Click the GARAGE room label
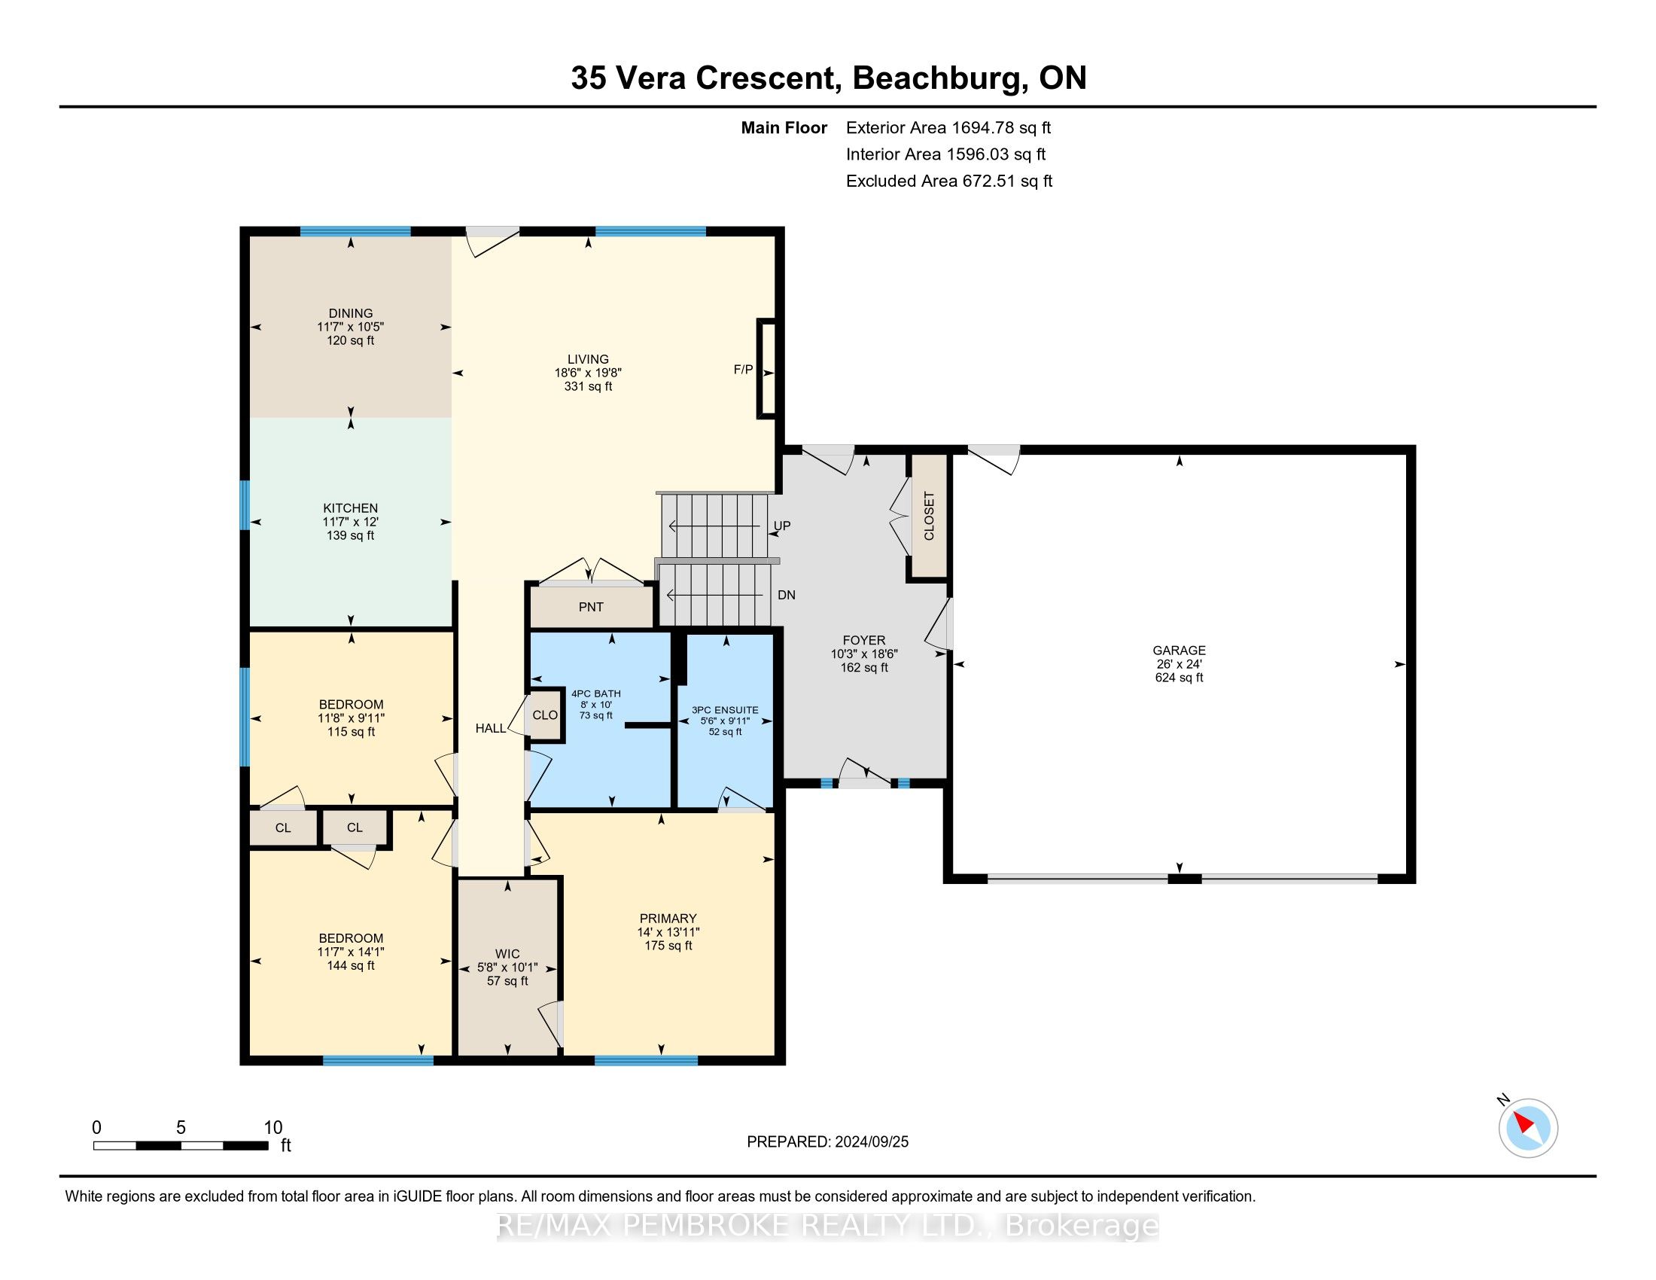[x=1179, y=650]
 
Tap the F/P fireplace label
[x=743, y=369]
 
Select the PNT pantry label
[x=591, y=607]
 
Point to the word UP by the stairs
[x=782, y=526]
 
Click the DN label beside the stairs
[x=787, y=595]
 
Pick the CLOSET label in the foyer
[x=930, y=516]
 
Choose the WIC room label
[x=507, y=954]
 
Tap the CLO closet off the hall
[x=545, y=715]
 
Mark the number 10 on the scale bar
[x=273, y=1127]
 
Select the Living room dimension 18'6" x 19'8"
[x=589, y=372]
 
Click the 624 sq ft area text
[x=1179, y=677]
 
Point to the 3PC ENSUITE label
[x=725, y=710]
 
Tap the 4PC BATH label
[x=596, y=693]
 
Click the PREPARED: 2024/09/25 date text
[x=827, y=1141]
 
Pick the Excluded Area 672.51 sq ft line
[x=949, y=181]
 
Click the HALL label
[x=491, y=728]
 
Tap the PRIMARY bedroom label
[x=667, y=919]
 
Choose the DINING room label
[x=350, y=313]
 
